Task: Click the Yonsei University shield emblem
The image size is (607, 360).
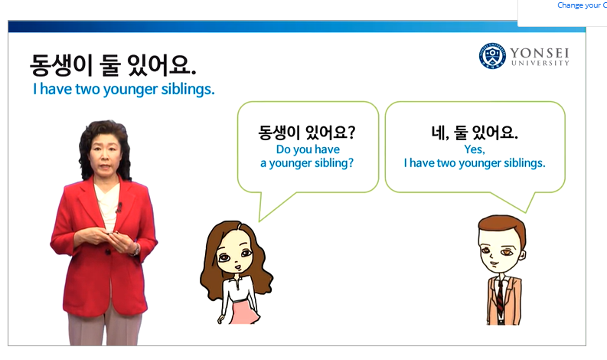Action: [x=492, y=56]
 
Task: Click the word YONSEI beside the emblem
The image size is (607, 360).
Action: [x=539, y=53]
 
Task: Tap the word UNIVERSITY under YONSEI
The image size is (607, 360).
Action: [x=540, y=63]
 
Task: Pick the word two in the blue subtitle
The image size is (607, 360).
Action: [x=87, y=89]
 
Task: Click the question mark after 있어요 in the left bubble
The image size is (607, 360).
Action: [x=351, y=133]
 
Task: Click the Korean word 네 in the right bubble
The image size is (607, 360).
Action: [x=440, y=133]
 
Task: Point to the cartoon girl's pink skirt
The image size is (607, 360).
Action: [x=245, y=311]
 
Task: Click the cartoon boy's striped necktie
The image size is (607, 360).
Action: [x=500, y=298]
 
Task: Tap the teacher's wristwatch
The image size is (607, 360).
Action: [x=135, y=250]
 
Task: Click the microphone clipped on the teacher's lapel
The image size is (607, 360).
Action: [x=119, y=208]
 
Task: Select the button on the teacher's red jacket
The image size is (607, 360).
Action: [x=108, y=252]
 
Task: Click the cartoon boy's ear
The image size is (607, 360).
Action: [x=522, y=255]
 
